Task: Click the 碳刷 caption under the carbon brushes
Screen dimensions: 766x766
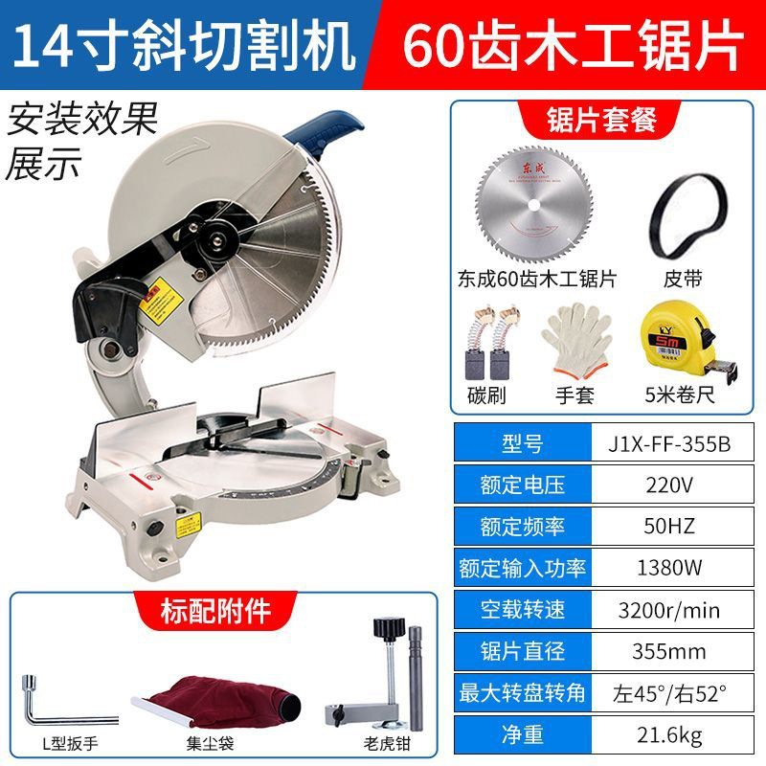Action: click(486, 394)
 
